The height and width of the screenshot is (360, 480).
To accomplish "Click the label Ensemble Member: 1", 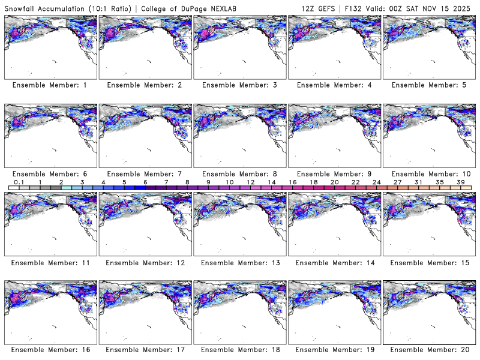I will click(50, 85).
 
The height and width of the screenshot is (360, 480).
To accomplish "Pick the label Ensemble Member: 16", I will click(50, 350).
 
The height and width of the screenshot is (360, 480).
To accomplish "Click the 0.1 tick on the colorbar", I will click(19, 182).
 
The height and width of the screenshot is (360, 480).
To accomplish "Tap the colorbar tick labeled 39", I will click(460, 182).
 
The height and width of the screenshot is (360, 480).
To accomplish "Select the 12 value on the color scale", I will click(250, 182).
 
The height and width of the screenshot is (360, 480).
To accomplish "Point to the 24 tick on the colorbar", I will click(376, 182).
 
